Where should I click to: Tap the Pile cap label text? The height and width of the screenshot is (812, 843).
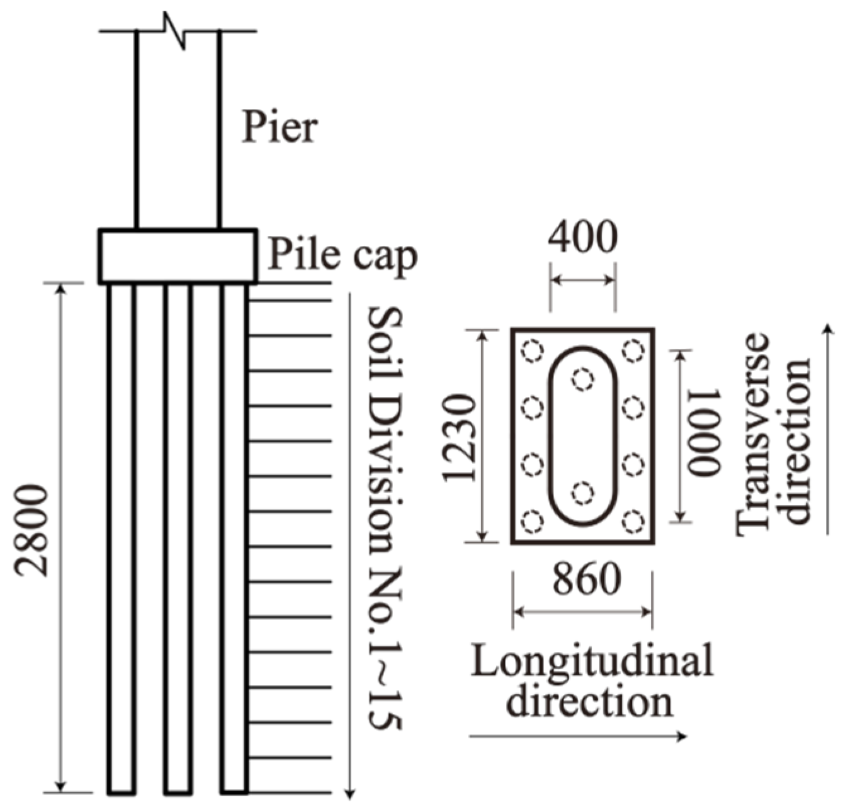pyautogui.click(x=342, y=255)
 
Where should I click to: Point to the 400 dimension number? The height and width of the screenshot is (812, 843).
pyautogui.click(x=582, y=238)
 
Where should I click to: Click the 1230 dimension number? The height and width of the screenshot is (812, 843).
pyautogui.click(x=458, y=438)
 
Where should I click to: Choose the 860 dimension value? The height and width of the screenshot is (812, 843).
pyautogui.click(x=586, y=580)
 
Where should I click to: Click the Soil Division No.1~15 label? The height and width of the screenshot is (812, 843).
pyautogui.click(x=384, y=518)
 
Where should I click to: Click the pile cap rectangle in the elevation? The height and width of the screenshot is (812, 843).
pyautogui.click(x=177, y=256)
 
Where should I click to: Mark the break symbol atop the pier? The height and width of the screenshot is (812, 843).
pyautogui.click(x=176, y=30)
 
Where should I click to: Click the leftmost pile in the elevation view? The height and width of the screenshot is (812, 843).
pyautogui.click(x=121, y=538)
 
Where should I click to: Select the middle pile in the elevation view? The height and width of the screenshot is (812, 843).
pyautogui.click(x=178, y=538)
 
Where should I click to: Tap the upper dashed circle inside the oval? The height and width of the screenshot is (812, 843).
pyautogui.click(x=583, y=379)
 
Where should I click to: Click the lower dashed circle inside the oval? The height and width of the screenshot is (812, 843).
pyautogui.click(x=583, y=492)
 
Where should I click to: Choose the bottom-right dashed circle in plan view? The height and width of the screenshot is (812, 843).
pyautogui.click(x=633, y=521)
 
